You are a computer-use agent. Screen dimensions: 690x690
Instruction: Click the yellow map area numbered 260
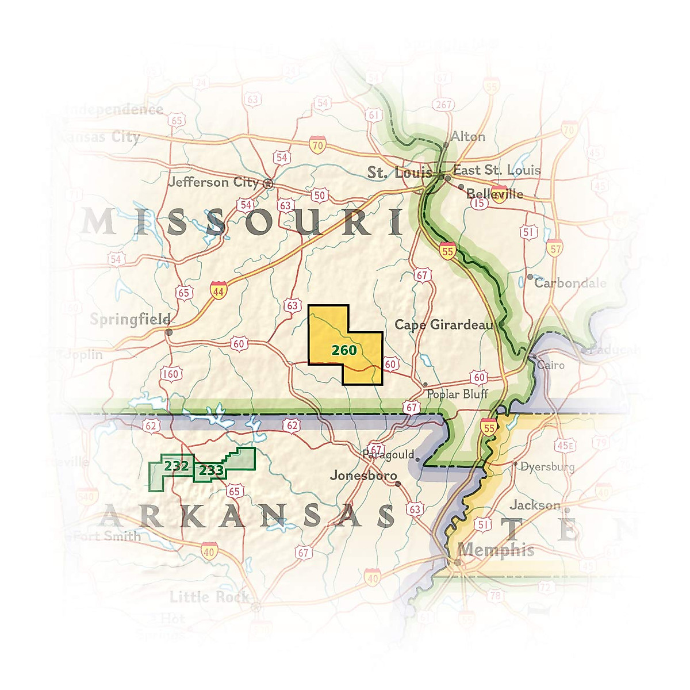coord(344,349)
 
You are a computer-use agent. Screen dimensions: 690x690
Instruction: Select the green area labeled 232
coord(175,466)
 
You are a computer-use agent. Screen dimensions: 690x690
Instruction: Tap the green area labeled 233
coord(211,471)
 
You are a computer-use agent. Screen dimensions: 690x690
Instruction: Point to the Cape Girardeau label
coord(443,325)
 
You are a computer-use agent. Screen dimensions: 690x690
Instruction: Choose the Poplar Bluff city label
coord(457,394)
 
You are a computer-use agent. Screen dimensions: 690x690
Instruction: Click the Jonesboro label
coord(363,476)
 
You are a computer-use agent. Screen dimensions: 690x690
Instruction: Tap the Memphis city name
coord(496,550)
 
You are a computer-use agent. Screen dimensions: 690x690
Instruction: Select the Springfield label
coord(130,319)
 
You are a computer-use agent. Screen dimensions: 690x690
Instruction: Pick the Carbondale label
coord(570,283)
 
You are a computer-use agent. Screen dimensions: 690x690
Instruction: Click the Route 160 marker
coord(171,374)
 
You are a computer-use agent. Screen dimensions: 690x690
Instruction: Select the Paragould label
coord(388,455)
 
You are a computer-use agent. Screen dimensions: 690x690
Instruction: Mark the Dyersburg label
coord(547,467)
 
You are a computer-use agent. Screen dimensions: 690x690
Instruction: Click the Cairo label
coord(551,365)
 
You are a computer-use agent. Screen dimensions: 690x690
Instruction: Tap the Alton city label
coord(467,137)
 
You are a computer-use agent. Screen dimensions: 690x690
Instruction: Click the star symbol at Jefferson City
coord(268,184)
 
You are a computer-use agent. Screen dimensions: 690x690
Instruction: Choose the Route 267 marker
coord(443,105)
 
